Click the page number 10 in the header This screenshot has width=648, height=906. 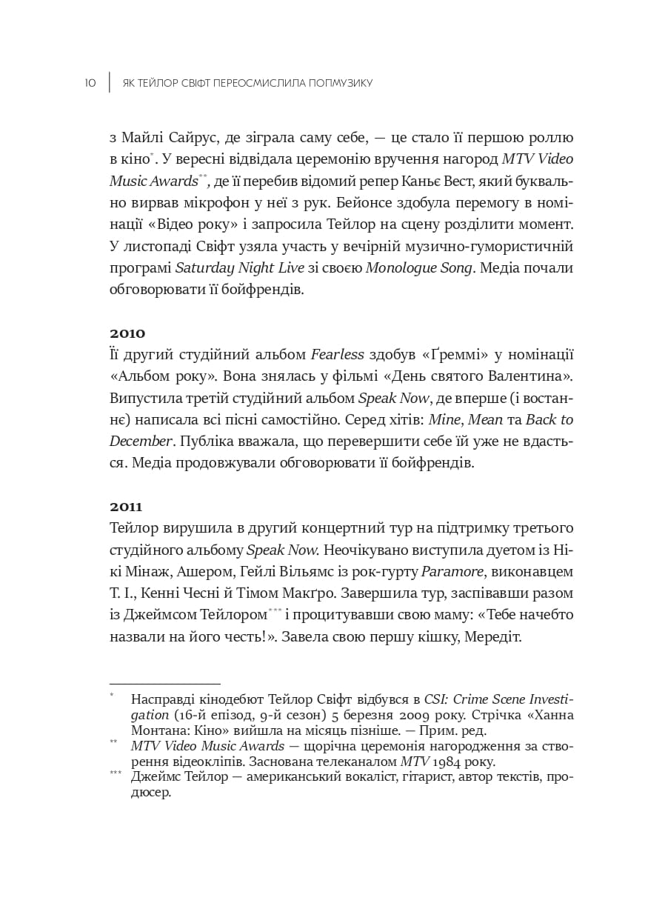click(x=90, y=83)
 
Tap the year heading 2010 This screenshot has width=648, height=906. click(x=127, y=333)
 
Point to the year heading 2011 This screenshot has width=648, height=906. click(x=127, y=507)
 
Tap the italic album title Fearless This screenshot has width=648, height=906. click(x=337, y=355)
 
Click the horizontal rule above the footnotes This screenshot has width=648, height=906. click(x=165, y=684)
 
